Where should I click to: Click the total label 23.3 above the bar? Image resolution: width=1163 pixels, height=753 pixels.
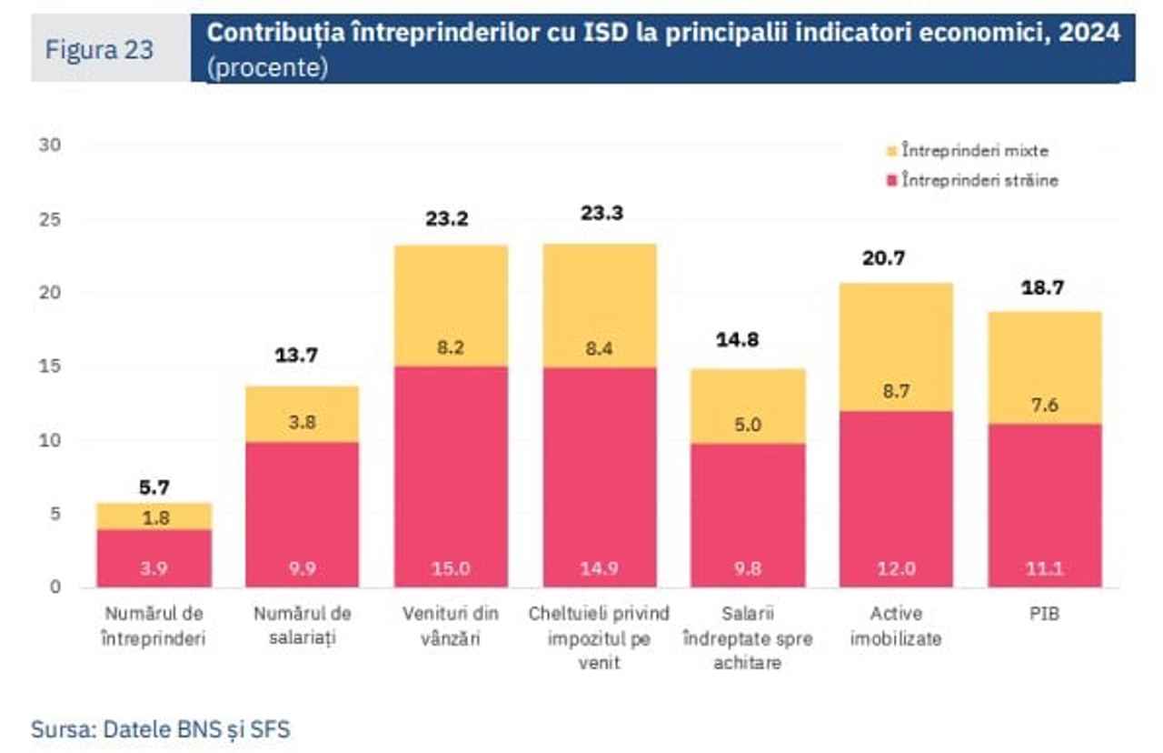(x=600, y=214)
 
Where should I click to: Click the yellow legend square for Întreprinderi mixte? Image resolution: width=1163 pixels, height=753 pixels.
(x=891, y=151)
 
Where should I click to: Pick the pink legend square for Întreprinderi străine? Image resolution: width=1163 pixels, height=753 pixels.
(x=891, y=180)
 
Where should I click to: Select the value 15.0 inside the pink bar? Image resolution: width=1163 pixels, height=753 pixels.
(x=451, y=568)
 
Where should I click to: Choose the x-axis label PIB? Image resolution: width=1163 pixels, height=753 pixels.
(x=1045, y=614)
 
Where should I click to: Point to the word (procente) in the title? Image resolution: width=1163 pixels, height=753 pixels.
(x=267, y=69)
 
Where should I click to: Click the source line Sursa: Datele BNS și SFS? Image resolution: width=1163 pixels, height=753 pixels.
(x=161, y=728)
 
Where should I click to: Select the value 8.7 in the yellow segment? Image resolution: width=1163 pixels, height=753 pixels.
(x=896, y=392)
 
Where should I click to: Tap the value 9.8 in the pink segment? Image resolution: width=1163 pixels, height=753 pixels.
(x=748, y=568)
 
